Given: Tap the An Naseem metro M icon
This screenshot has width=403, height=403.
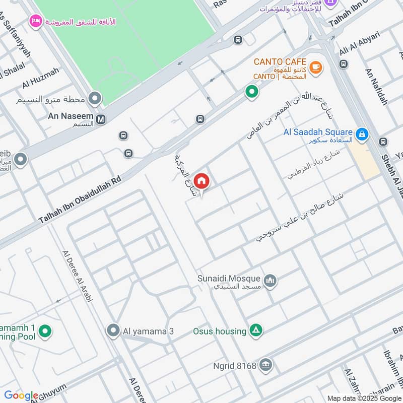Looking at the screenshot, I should [101, 119].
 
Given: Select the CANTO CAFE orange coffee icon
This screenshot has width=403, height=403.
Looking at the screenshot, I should [316, 67].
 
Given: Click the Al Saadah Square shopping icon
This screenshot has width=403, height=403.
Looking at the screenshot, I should [361, 134].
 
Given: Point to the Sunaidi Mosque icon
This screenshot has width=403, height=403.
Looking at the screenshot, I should [271, 281].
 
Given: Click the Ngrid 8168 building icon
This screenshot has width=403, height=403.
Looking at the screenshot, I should [266, 365].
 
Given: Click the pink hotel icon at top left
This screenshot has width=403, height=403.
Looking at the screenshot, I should [35, 21].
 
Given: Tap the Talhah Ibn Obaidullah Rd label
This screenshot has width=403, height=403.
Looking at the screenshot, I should [81, 200].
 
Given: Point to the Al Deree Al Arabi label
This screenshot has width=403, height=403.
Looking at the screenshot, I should [78, 276].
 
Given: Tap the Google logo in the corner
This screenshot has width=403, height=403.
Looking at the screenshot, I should [21, 395].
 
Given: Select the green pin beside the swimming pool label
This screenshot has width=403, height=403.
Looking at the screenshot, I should [45, 331].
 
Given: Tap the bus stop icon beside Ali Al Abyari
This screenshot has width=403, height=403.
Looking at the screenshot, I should [344, 64].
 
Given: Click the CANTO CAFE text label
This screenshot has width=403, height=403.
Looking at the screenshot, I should [280, 61].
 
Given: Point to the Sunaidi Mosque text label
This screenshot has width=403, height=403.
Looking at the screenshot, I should [229, 279].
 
